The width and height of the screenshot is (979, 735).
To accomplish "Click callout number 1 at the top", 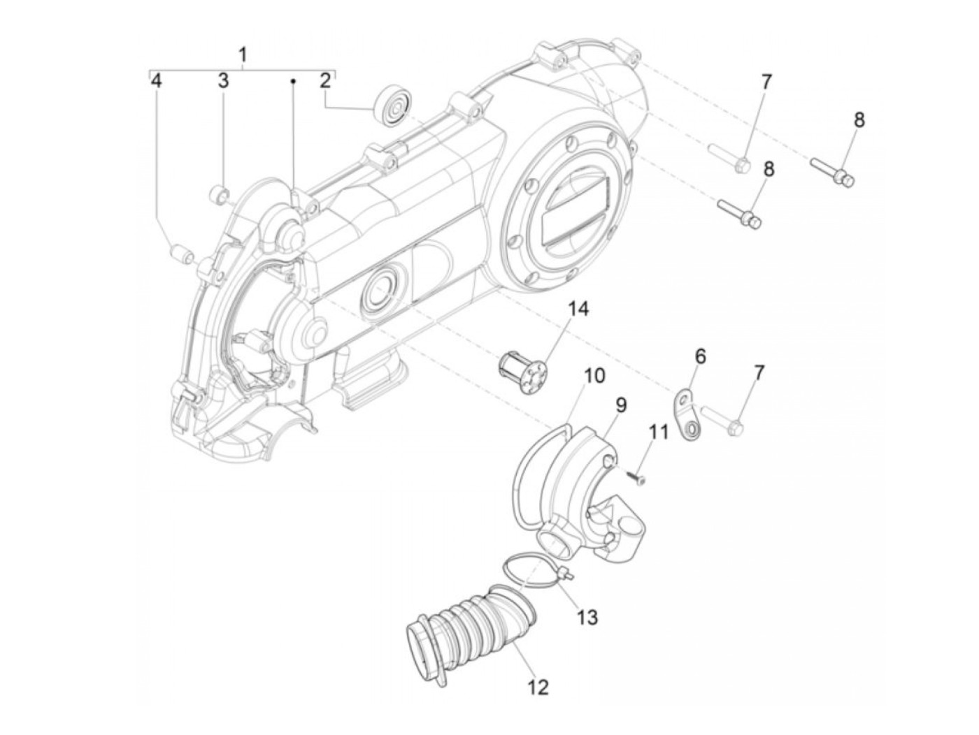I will [x=243, y=54].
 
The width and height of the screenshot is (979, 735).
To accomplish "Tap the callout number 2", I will [x=325, y=80].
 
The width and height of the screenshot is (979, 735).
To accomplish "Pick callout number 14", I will [x=578, y=308].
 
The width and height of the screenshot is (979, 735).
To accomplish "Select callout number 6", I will [x=700, y=357].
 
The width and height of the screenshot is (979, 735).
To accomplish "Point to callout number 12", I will [x=538, y=687].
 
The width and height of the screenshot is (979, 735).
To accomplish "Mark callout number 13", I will [x=587, y=617].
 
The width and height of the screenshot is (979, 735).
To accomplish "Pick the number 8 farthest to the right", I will [x=859, y=119].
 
